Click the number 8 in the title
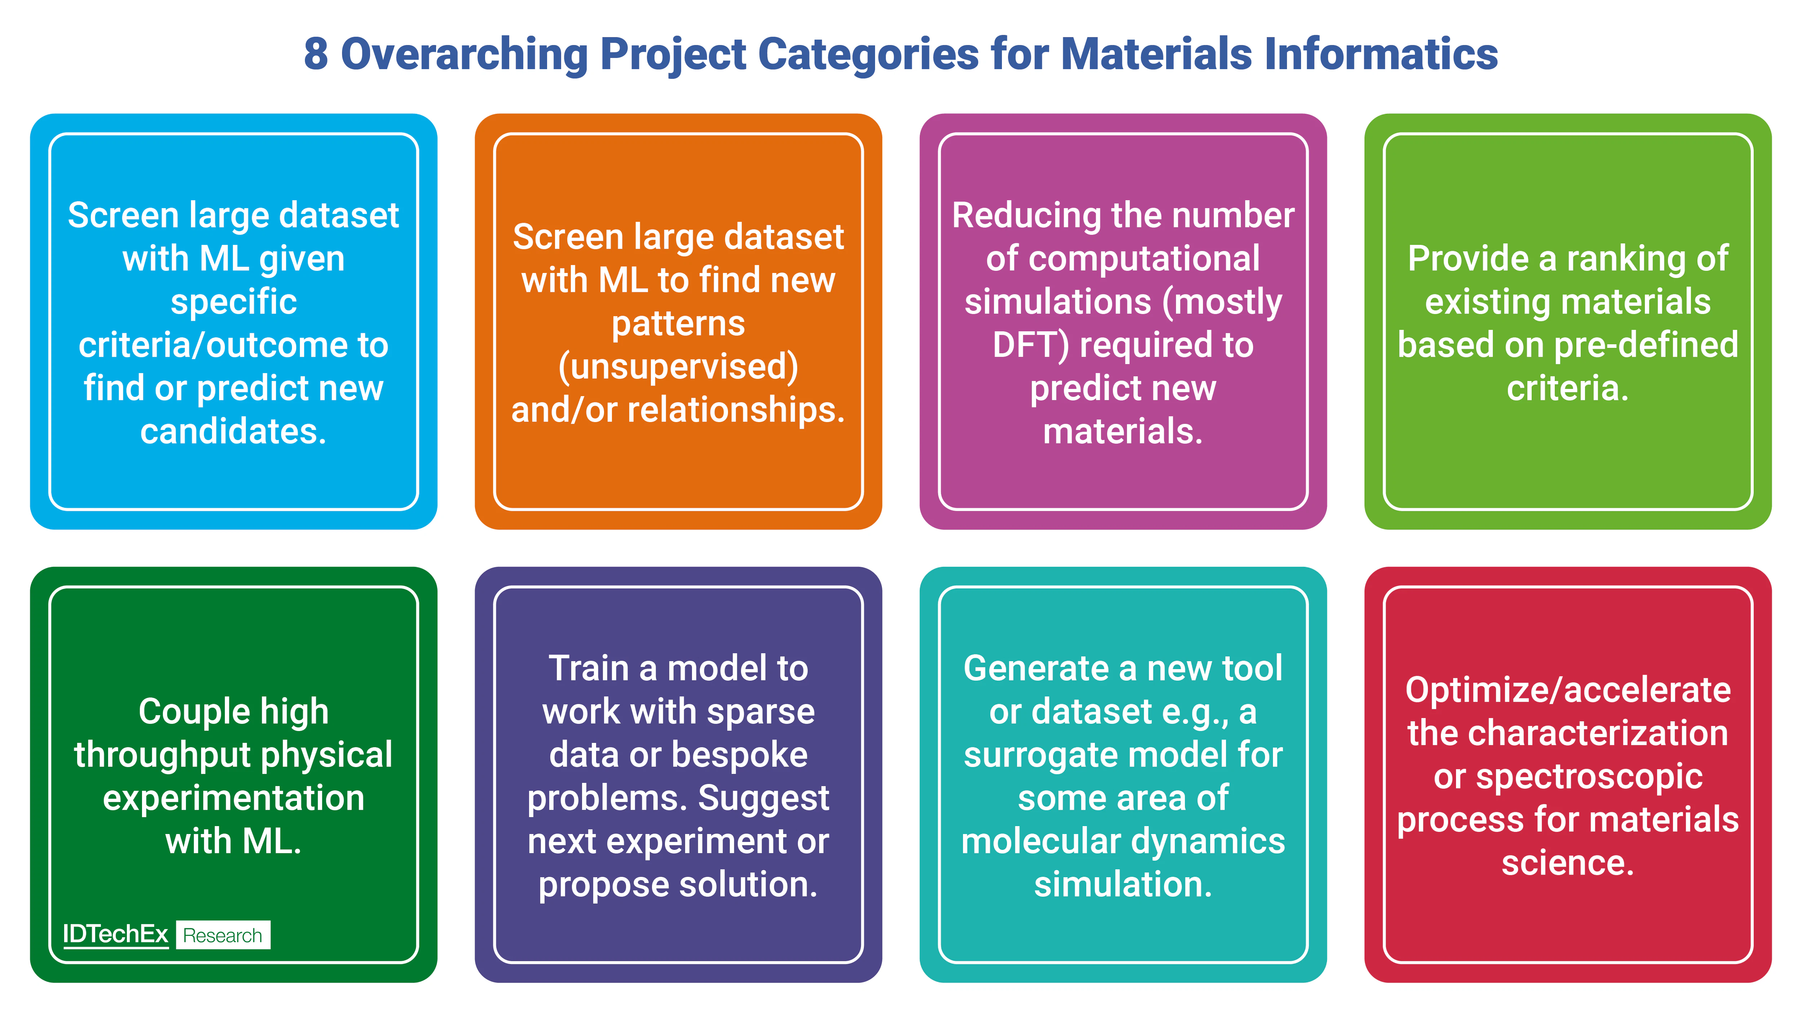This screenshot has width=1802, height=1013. click(316, 54)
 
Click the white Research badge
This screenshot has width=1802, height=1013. click(222, 936)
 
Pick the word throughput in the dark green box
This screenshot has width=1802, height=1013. click(162, 755)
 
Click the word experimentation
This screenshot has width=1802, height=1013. click(234, 798)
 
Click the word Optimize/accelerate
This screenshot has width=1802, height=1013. click(1568, 690)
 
